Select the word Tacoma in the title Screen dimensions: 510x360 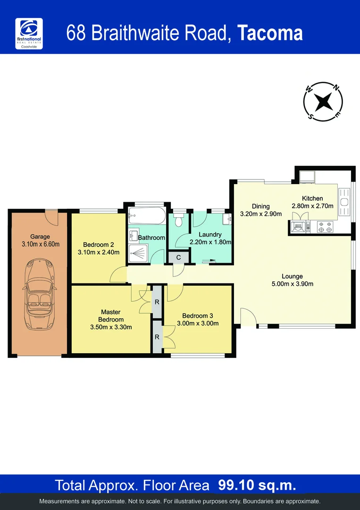[269, 34]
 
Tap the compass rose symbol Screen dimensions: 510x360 [323, 101]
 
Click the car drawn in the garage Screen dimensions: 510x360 [40, 294]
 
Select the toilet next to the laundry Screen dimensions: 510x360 [178, 220]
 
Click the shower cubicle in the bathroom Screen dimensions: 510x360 [138, 254]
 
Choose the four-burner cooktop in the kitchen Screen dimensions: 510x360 [325, 227]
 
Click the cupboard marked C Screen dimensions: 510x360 [178, 257]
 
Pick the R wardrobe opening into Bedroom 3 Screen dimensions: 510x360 [157, 337]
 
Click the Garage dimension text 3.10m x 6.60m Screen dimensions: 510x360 [40, 244]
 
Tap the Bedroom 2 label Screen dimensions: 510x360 [98, 244]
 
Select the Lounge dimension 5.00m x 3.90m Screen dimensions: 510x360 [292, 284]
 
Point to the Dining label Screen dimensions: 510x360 [260, 206]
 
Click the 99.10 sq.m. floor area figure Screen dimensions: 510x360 [257, 485]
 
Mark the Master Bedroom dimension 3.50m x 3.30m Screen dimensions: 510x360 [111, 327]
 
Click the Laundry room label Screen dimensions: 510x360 [210, 235]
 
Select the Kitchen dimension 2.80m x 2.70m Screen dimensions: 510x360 [312, 206]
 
